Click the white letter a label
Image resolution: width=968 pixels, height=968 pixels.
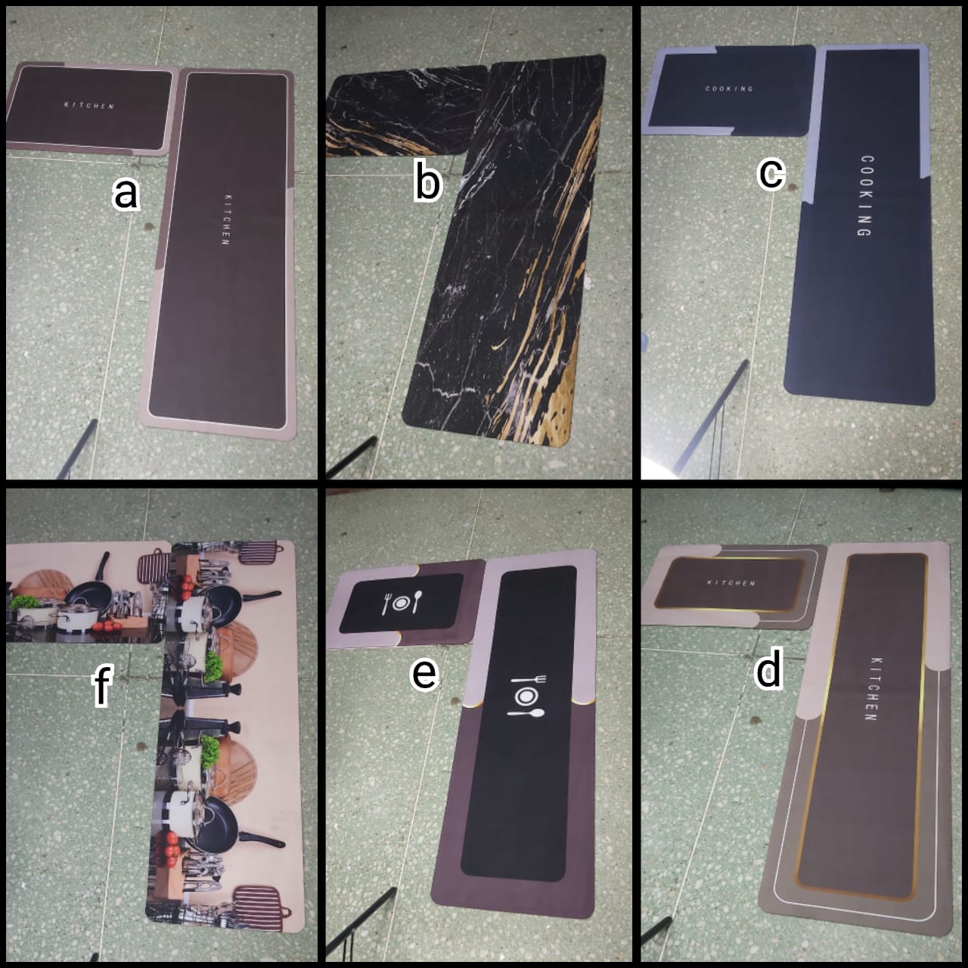(x=126, y=194)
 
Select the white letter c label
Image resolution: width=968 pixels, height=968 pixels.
(x=771, y=174)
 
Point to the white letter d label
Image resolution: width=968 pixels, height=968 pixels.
(x=768, y=668)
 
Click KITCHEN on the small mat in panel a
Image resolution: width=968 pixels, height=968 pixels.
(x=89, y=105)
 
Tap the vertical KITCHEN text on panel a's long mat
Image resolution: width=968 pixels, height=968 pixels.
(x=227, y=219)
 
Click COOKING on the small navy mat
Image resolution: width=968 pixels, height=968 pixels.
(x=729, y=88)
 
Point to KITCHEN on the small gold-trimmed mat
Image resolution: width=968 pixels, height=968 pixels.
(x=731, y=583)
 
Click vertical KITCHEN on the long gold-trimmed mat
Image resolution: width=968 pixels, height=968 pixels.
(x=874, y=689)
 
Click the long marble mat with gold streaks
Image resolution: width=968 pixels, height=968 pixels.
(x=507, y=251)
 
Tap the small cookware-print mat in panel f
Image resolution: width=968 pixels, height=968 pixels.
(x=88, y=593)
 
